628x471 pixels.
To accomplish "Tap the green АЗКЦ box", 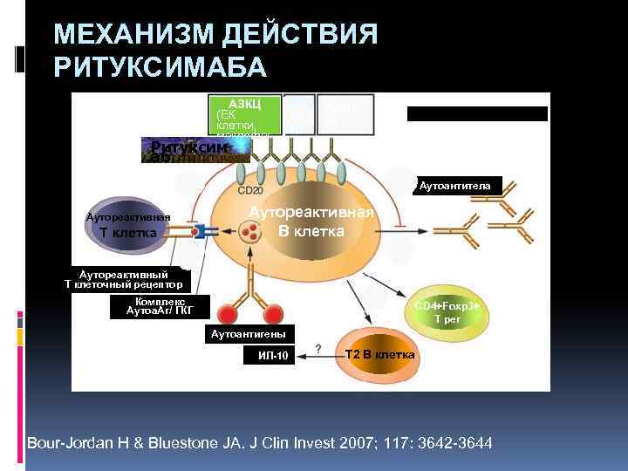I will (246, 115).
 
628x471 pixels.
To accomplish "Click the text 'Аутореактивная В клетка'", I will (311, 222).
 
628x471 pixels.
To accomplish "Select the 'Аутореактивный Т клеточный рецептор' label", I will (124, 279).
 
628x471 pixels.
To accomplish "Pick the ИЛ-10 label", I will (272, 356).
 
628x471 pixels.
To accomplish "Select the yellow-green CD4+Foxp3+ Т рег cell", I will (452, 312).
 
